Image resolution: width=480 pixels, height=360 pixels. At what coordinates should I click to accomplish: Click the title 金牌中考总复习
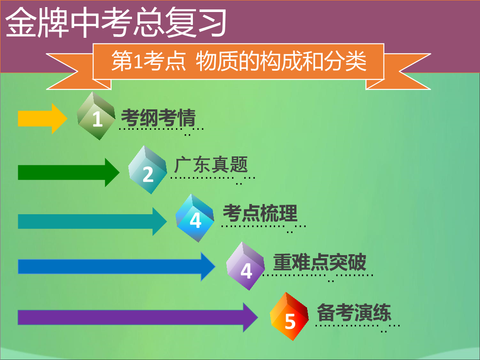pyautogui.click(x=116, y=22)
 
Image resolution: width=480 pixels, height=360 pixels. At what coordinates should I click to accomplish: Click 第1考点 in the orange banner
pyautogui.click(x=149, y=61)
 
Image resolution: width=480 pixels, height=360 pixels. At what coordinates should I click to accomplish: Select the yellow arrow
pyautogui.click(x=43, y=119)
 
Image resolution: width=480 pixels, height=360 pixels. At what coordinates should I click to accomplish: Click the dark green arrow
pyautogui.click(x=68, y=172)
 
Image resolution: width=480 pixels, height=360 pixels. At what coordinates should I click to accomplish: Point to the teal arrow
pyautogui.click(x=92, y=221)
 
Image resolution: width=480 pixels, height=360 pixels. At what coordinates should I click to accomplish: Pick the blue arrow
pyautogui.click(x=116, y=266)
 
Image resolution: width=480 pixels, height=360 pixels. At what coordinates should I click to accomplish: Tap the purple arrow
pyautogui.click(x=138, y=317)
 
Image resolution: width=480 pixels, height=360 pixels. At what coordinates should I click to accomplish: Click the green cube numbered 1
pyautogui.click(x=96, y=116)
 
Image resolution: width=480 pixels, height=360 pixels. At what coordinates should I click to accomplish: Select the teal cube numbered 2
pyautogui.click(x=147, y=170)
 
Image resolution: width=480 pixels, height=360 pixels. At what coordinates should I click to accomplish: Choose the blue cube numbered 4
pyautogui.click(x=195, y=218)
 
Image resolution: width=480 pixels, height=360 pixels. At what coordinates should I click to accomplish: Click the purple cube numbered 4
pyautogui.click(x=245, y=266)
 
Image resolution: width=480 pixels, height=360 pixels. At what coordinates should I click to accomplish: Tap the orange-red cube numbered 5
pyautogui.click(x=289, y=316)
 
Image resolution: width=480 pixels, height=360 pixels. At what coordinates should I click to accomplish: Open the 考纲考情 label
pyautogui.click(x=158, y=118)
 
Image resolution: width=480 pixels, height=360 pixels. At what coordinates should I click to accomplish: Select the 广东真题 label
pyautogui.click(x=211, y=165)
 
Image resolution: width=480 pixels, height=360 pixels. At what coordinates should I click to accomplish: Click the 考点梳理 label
pyautogui.click(x=260, y=213)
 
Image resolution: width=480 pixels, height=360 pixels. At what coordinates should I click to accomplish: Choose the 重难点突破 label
pyautogui.click(x=320, y=262)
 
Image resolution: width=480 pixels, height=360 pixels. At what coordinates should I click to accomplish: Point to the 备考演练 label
pyautogui.click(x=354, y=312)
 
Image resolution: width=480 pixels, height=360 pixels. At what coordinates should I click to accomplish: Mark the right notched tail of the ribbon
pyautogui.click(x=401, y=72)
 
